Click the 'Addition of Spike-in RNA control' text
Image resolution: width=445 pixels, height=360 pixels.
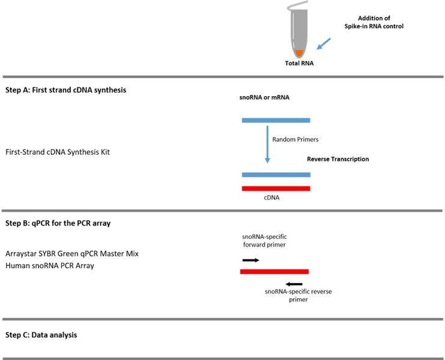[x=366, y=23]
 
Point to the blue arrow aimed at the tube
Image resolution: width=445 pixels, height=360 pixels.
[x=322, y=44]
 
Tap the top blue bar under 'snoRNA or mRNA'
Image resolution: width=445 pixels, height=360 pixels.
[x=276, y=120]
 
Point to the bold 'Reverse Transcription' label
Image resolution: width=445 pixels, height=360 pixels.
[x=338, y=159]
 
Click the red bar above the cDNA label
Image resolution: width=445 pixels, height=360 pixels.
[x=276, y=188]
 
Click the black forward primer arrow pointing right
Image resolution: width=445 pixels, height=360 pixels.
[x=250, y=260]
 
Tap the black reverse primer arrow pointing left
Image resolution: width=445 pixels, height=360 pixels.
[x=294, y=284]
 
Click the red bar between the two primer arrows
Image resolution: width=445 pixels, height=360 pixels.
[x=274, y=272]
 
